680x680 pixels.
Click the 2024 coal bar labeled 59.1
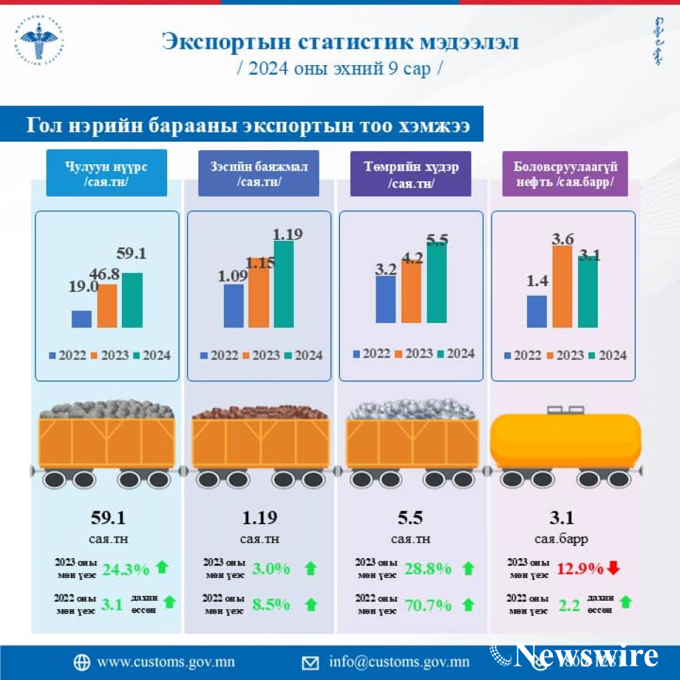pos(132,300)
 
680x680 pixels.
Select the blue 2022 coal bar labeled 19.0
pos(82,319)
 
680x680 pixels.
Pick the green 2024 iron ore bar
pos(436,282)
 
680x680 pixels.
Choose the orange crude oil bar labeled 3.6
pos(562,287)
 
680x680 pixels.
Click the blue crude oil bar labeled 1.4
pos(537,312)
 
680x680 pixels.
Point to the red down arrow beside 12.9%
pos(613,567)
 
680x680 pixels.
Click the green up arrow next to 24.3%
pos(162,567)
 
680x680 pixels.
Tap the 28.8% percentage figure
pos(428,568)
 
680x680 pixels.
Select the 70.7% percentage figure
pos(428,605)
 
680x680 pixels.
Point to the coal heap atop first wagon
pos(107,410)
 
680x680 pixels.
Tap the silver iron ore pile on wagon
pos(412,410)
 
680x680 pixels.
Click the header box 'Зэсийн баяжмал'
pos(258,173)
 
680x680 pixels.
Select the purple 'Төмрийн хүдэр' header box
pos(411,174)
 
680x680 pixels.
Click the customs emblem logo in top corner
pos(39,41)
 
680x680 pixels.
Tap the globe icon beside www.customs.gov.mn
pos(82,662)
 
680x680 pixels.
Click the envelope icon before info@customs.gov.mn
pos(310,662)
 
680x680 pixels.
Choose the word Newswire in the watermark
pos(586,656)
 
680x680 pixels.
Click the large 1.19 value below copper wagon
pos(260,517)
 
